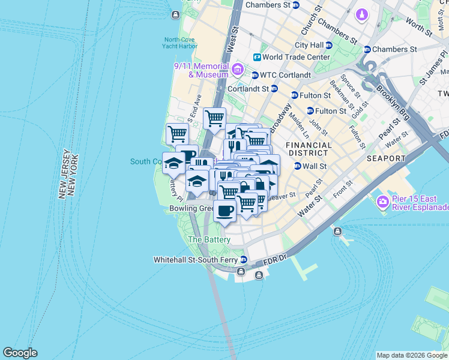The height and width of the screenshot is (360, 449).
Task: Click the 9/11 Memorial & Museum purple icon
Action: (238, 70)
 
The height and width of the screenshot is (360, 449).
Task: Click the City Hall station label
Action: (309, 45)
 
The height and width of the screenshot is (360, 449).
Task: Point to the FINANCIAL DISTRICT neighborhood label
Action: (309, 149)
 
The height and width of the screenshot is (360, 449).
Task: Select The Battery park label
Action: (209, 239)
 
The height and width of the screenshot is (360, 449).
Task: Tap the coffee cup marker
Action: (224, 211)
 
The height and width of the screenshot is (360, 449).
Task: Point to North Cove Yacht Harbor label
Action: (180, 43)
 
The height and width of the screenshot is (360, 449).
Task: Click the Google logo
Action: (20, 353)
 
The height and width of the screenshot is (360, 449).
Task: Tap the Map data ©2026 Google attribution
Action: (412, 355)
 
